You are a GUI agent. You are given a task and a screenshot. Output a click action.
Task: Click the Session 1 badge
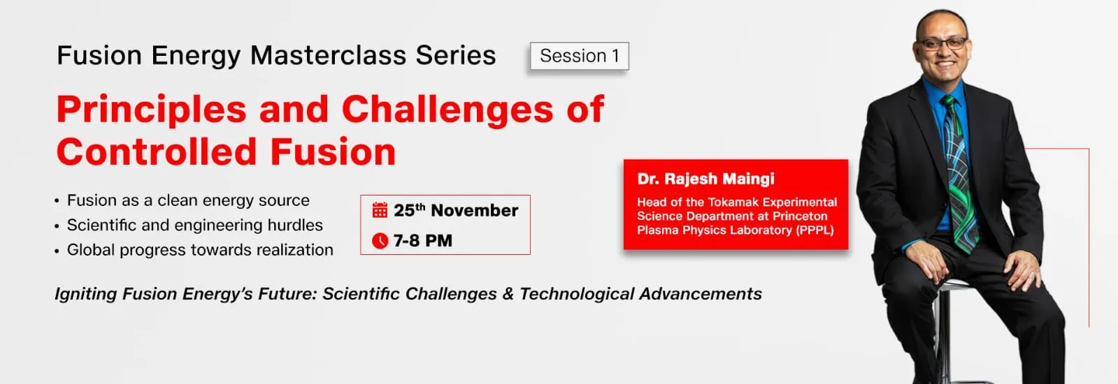pyautogui.click(x=580, y=56)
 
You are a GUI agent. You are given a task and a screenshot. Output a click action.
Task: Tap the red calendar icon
pyautogui.click(x=380, y=210)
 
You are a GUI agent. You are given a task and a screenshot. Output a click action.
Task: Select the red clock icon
pyautogui.click(x=380, y=241)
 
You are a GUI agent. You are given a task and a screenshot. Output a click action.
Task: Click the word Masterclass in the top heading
pyautogui.click(x=328, y=55)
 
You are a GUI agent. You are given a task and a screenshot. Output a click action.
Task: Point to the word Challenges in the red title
pyautogui.click(x=447, y=109)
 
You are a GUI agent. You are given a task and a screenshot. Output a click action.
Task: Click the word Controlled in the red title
pyautogui.click(x=157, y=152)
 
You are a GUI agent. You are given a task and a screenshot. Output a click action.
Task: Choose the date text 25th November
pyautogui.click(x=456, y=210)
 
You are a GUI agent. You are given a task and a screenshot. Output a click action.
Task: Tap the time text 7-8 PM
pyautogui.click(x=423, y=241)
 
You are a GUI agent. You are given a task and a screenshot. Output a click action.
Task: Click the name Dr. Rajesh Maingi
pyautogui.click(x=705, y=179)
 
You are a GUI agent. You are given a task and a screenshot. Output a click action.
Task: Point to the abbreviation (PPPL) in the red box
pyautogui.click(x=815, y=230)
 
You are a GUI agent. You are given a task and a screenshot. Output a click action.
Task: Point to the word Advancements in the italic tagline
pyautogui.click(x=701, y=294)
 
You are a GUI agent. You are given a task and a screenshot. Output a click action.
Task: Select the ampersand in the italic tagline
pyautogui.click(x=508, y=294)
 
